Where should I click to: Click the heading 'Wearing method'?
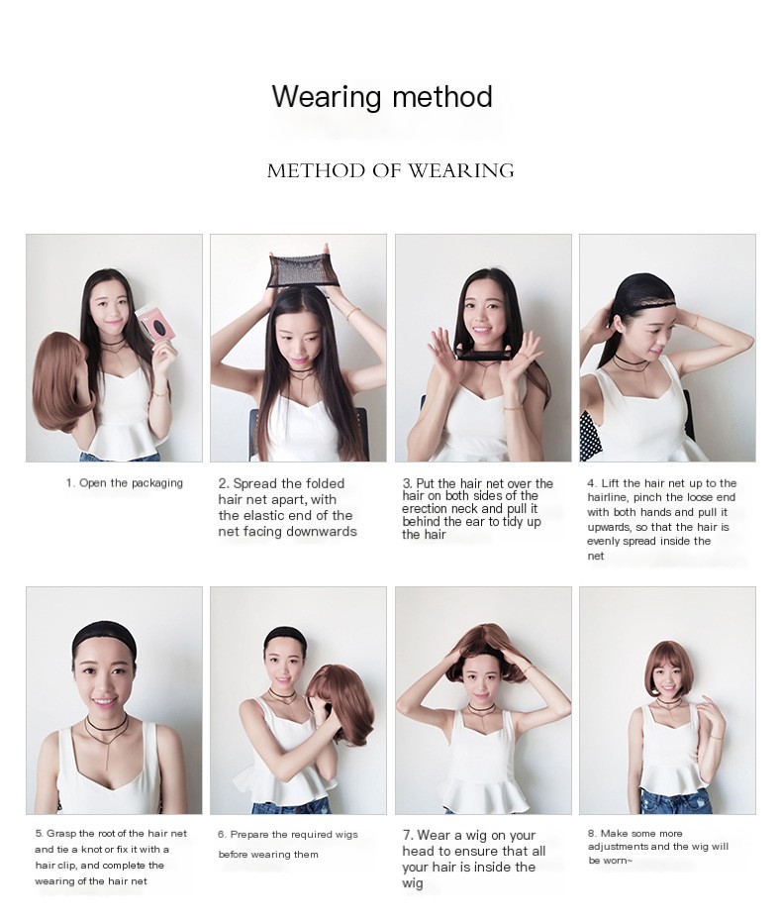[x=382, y=97]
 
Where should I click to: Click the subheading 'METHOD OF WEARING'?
[x=390, y=170]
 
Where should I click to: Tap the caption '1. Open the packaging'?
[x=125, y=483]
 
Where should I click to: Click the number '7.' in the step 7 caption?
[x=408, y=836]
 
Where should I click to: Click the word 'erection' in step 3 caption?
[x=426, y=509]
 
